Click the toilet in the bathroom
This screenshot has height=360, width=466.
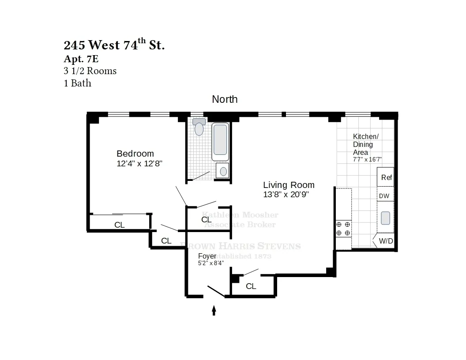coord(199,127)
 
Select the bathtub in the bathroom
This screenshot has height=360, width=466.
coord(220,142)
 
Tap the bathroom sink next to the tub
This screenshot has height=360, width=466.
coord(223,171)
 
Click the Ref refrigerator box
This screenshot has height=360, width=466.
coord(386,177)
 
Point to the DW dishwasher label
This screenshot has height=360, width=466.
coord(385,196)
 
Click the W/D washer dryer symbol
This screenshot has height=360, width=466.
coord(385,241)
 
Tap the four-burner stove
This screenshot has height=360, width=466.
coord(343,229)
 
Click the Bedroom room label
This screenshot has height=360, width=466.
coord(135,154)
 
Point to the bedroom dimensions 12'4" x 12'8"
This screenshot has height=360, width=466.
coord(140,164)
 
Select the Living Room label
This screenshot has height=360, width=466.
coord(289,185)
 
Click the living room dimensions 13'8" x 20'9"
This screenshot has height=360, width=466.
coord(286,195)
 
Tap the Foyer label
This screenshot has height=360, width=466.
coord(207,256)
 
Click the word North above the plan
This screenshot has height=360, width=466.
coord(225,99)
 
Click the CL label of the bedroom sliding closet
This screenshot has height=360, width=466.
coord(119,225)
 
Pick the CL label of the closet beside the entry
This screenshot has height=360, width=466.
coord(251,286)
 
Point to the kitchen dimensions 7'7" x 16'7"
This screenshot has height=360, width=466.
coord(367,159)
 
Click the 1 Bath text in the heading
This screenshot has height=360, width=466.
coord(78,83)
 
